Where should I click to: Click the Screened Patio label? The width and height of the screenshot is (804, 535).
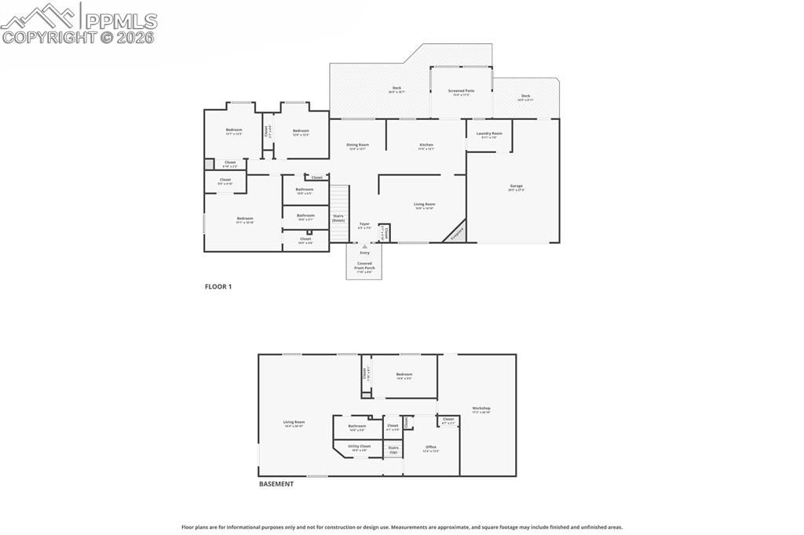pos(461,91)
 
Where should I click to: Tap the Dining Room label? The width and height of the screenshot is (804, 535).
pos(358,145)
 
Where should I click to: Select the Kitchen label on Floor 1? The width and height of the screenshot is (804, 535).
pos(426,145)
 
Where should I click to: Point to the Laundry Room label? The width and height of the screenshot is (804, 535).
pos(489,134)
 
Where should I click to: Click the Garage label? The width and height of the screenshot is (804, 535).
pos(516,187)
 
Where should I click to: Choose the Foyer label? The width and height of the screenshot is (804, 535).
pos(364,224)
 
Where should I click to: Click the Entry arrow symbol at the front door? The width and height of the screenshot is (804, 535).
pos(364,246)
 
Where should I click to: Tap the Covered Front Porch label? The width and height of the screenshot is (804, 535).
pos(364,265)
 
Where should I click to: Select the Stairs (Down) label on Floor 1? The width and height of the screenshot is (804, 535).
pos(338,217)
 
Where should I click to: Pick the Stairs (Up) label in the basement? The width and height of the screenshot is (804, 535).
pos(393,450)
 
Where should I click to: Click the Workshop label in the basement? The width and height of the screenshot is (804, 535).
pos(481,409)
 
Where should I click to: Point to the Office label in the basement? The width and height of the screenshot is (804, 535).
pos(431,448)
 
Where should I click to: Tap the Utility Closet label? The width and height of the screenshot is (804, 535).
pos(360,446)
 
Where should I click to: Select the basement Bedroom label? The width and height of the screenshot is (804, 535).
pos(404,375)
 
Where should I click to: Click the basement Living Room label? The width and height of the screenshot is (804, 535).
pos(294,423)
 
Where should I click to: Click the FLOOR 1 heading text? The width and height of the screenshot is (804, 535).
pos(218,287)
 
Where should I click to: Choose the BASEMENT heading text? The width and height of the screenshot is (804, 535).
pos(276,484)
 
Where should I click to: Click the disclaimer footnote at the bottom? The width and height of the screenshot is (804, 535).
pos(402,527)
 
